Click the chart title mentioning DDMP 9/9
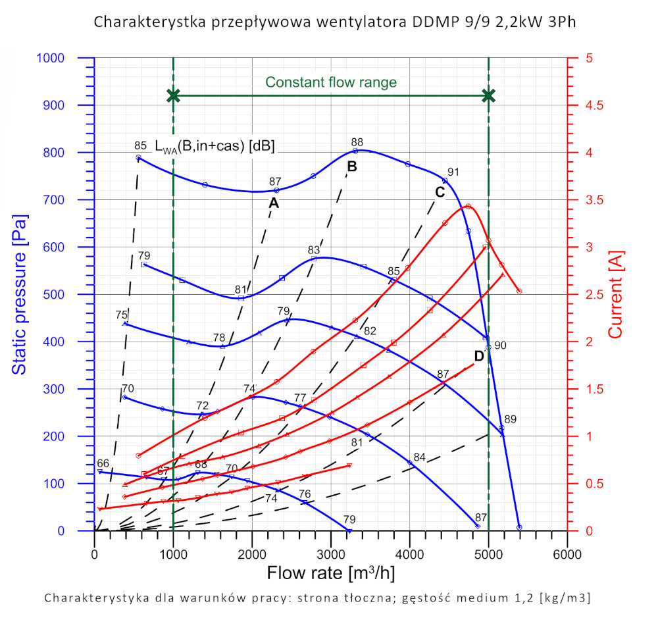pos(335,22)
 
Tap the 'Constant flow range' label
pos(331,82)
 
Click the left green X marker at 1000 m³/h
pos(173,95)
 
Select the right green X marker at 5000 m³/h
pos(488,95)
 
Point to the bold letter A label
pos(274,204)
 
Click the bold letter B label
pos(352,167)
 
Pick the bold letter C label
pos(440,192)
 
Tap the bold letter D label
pos(479,356)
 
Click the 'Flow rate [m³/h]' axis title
pos(331,573)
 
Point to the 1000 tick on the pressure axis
pos(68,58)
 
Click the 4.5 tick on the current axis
pos(584,105)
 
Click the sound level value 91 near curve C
pos(453,172)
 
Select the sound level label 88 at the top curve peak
pos(357,142)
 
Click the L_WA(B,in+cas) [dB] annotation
pos(215,146)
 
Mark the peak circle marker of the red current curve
pos(468,207)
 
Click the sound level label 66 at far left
pos(103,463)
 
